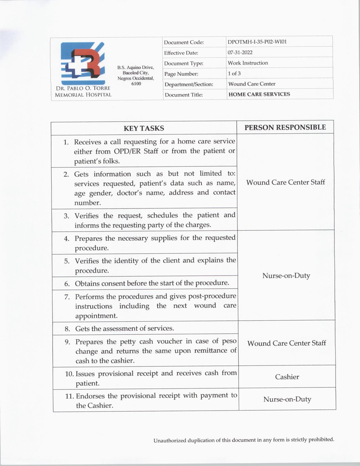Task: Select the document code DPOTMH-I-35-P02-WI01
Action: coord(257,42)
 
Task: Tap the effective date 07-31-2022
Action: coord(240,53)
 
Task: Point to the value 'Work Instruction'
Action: coord(248,63)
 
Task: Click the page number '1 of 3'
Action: coord(234,73)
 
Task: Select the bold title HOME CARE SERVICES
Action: coord(259,94)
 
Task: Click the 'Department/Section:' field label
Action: coord(189,84)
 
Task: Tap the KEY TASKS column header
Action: coord(144,128)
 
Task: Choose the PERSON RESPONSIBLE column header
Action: coord(285,127)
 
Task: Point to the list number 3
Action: coord(66,216)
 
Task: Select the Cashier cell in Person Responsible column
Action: coord(287,377)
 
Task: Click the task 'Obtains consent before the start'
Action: coord(152,283)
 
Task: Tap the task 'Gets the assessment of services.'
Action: coord(125,328)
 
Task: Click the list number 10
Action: coord(69,374)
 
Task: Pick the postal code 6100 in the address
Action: coord(136,84)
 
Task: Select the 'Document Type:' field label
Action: coord(184,64)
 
